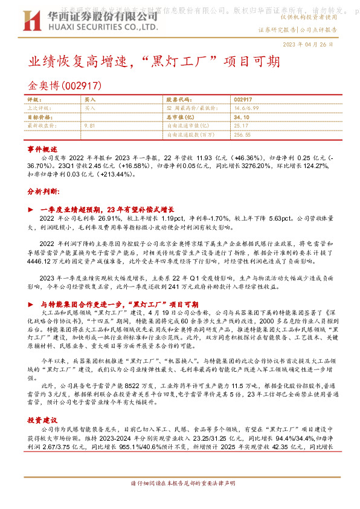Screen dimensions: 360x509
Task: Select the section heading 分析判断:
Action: click(44, 190)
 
